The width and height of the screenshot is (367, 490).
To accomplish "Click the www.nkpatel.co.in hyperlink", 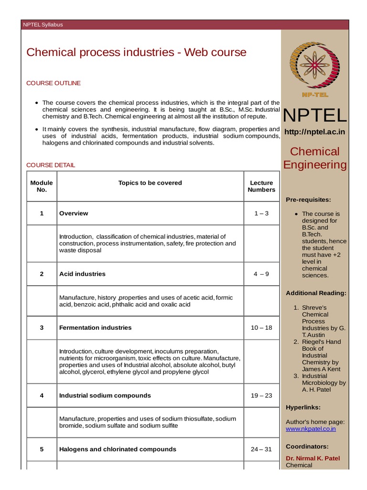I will pos(311,429).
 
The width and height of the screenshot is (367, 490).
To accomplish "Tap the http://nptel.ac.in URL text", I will pos(315,132).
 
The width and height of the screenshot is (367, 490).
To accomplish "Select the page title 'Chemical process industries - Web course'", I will pos(136,52).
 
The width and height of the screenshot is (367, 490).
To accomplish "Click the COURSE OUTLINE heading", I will pos(54,83).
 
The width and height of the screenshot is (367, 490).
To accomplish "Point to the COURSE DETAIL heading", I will pos(51,165).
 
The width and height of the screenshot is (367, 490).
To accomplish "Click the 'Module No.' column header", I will pos(42,186).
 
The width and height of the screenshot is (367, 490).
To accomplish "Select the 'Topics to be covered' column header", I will pos(150,183).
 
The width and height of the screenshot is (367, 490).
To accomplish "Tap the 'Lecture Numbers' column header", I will pos(261,186).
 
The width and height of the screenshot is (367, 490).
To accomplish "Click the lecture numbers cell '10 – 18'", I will pos(261,328).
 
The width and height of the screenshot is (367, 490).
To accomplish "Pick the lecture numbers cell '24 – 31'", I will pos(261,449).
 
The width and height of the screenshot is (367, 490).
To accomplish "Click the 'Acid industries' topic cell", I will pos(82,274).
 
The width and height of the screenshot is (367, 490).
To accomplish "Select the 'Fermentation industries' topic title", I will pos(95,328).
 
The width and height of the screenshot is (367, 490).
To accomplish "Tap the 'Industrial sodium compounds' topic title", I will pos(105,396).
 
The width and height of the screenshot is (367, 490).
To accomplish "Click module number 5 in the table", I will pos(42,449).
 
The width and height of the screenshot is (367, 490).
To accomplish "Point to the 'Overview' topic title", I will pos(74,213).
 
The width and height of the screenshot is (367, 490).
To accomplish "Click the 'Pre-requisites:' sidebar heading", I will pos(308,200).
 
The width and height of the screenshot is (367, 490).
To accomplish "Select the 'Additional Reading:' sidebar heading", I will pos(316,293).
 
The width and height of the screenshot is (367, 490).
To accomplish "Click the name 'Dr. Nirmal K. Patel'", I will pos(313,458).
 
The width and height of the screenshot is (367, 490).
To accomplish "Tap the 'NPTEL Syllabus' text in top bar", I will pos(43,24).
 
